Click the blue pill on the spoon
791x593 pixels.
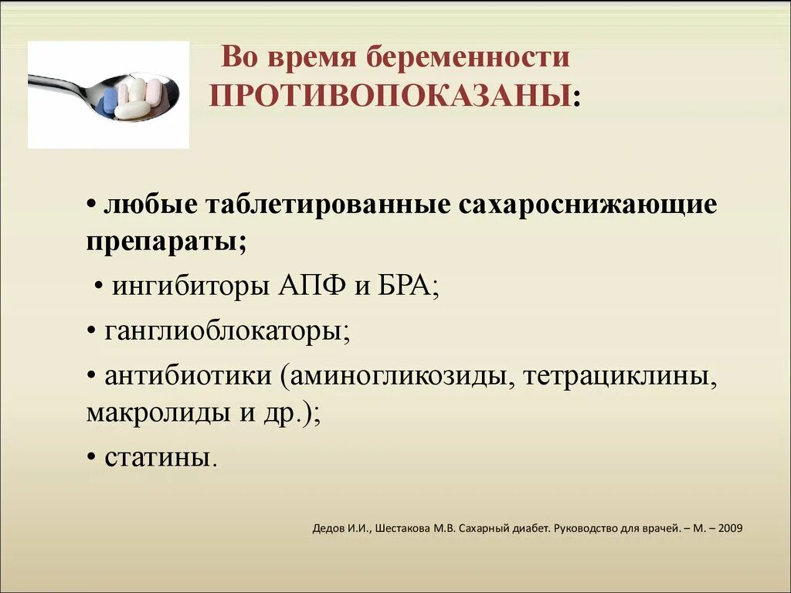coord(111,98)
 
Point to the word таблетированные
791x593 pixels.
coord(328,205)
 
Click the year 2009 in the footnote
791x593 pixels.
coord(730,529)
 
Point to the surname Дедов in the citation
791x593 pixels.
coord(328,529)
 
